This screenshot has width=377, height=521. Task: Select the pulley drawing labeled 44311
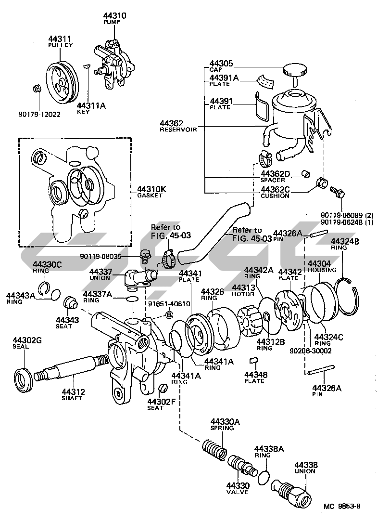pyautogui.click(x=63, y=80)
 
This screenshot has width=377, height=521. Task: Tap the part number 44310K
pyautogui.click(x=151, y=189)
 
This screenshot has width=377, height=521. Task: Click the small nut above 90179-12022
pyautogui.click(x=37, y=90)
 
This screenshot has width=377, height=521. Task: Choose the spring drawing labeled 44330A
pyautogui.click(x=214, y=449)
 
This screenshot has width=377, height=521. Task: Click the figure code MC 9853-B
pyautogui.click(x=342, y=507)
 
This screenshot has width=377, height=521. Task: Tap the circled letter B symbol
pyautogui.click(x=169, y=314)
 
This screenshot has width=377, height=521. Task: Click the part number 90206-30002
pyautogui.click(x=310, y=351)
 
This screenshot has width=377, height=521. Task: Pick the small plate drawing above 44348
pyautogui.click(x=254, y=361)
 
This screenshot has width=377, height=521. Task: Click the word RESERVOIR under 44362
pyautogui.click(x=178, y=129)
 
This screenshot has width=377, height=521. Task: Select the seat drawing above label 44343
pyautogui.click(x=70, y=302)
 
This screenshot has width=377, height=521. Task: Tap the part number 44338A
pyautogui.click(x=269, y=449)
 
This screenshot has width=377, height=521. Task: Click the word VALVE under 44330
pyautogui.click(x=237, y=492)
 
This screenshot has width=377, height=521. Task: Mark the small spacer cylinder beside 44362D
pyautogui.click(x=305, y=173)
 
